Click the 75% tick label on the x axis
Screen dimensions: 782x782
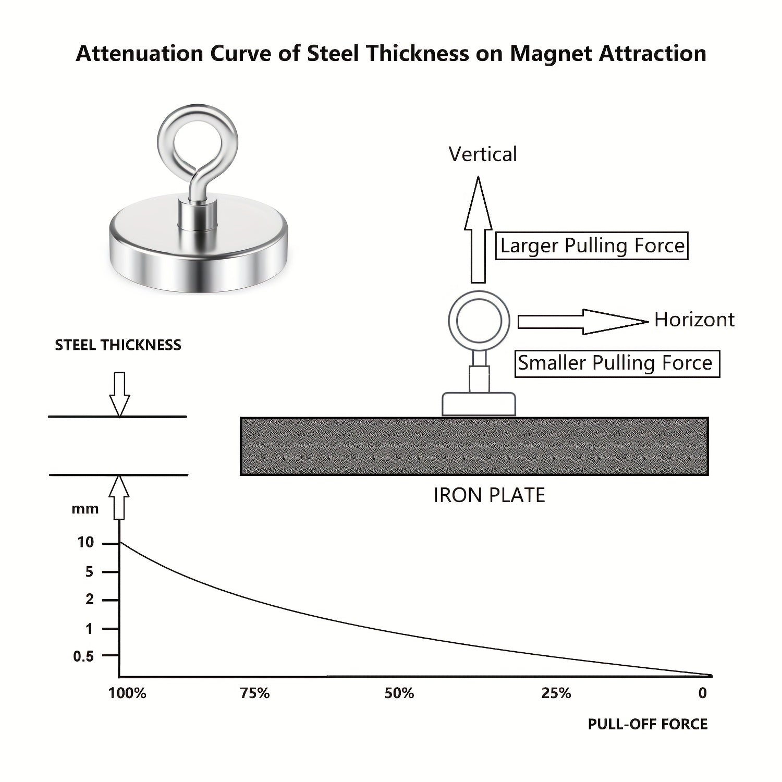tap(255, 693)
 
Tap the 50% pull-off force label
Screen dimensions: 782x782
tap(399, 693)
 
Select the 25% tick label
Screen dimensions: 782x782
tap(556, 693)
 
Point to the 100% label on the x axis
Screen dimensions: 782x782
tap(127, 693)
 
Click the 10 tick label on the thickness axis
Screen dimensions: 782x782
tap(85, 543)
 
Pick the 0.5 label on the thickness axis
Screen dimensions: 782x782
tap(83, 656)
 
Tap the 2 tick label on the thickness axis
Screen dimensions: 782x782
tap(90, 600)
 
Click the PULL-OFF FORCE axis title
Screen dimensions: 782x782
tap(647, 724)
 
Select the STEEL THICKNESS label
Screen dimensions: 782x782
tap(118, 345)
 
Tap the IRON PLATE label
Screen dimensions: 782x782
tap(489, 495)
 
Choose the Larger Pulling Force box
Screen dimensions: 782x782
tap(592, 246)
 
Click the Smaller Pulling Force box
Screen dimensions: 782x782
tap(617, 363)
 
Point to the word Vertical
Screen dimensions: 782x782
tap(483, 154)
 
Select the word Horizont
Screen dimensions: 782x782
tap(694, 320)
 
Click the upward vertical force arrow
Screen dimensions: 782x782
tap(478, 229)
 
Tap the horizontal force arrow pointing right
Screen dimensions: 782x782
tap(583, 322)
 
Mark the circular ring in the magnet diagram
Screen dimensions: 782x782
tap(479, 321)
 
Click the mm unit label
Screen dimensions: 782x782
tap(85, 509)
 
